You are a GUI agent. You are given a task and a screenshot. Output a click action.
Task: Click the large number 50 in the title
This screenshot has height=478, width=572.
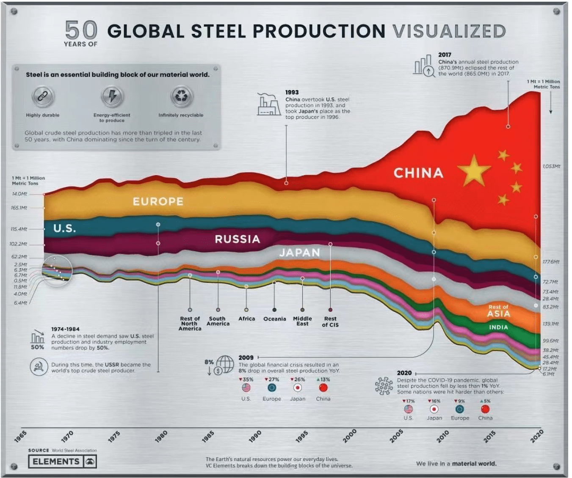tap(81, 30)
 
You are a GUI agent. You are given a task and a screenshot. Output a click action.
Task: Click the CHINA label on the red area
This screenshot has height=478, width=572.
tap(418, 173)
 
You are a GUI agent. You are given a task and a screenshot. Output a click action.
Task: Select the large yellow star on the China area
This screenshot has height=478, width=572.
tap(474, 171)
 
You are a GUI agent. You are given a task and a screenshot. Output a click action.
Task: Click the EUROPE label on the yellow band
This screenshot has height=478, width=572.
tap(158, 201)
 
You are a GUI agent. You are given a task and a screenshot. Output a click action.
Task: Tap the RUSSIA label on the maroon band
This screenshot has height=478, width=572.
tap(237, 239)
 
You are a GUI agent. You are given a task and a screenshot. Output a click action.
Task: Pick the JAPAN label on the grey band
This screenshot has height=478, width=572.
tap(299, 253)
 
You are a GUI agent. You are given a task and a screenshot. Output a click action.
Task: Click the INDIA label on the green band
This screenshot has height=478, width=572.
tap(498, 327)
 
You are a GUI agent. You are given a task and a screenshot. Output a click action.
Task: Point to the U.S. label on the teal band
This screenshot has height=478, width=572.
tap(65, 228)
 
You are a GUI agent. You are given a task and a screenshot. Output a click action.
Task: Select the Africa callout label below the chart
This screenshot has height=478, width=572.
tap(246, 319)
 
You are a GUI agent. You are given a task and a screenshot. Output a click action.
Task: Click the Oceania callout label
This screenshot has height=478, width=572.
tap(275, 319)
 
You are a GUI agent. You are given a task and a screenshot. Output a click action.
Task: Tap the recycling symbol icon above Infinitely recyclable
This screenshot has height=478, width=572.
tap(181, 96)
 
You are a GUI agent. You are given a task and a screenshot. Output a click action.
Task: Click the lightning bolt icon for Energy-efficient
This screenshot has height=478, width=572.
tap(112, 96)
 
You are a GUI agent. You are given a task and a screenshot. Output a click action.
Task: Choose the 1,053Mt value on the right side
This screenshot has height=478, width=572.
tap(551, 166)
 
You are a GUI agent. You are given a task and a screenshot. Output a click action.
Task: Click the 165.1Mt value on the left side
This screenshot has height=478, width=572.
tap(19, 208)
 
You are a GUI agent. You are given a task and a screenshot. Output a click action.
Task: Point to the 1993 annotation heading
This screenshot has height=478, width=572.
tap(292, 92)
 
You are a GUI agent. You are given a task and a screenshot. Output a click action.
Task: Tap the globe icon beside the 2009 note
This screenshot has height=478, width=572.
tap(225, 364)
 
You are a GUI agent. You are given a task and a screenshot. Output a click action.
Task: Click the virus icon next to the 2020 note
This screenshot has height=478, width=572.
tap(384, 386)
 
